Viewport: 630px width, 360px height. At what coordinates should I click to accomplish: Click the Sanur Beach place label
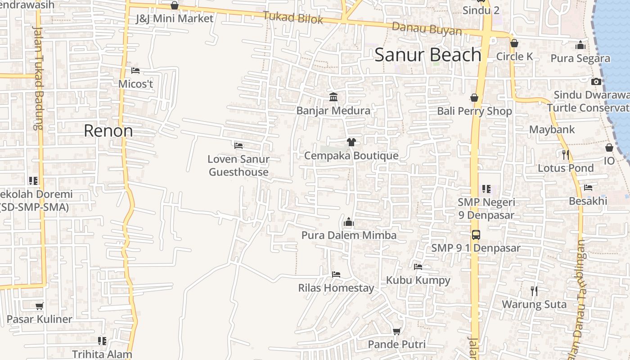428,55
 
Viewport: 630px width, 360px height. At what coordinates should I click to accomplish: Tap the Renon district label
108,131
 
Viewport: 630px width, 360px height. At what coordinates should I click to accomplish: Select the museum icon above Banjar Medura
333,97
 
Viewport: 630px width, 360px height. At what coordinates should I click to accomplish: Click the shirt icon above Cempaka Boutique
351,142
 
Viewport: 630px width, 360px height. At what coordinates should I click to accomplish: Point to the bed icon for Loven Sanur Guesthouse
238,145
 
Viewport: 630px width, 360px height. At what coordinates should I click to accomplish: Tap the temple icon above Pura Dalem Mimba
348,222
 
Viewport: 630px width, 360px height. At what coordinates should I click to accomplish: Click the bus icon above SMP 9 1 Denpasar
476,234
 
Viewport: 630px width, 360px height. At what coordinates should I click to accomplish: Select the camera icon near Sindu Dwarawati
596,81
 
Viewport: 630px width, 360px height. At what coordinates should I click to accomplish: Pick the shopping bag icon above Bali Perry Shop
474,98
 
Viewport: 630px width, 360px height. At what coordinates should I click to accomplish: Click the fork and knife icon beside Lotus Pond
566,154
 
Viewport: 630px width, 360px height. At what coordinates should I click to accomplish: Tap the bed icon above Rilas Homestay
336,274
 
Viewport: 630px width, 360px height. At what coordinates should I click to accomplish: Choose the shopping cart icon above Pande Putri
396,331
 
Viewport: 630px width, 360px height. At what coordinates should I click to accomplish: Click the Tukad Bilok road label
293,18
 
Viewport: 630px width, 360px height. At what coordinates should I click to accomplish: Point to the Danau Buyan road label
427,28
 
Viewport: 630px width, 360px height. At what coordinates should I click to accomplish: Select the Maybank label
552,130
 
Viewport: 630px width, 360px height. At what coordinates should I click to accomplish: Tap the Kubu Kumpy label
418,280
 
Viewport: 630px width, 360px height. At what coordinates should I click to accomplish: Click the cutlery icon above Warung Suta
534,291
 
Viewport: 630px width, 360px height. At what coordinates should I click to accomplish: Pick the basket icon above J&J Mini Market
175,5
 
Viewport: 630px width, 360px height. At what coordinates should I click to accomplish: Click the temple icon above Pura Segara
580,45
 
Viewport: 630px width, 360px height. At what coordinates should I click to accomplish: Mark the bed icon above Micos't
135,70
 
